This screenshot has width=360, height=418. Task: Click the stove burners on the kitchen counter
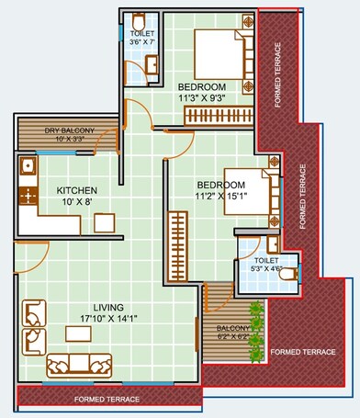[28, 196]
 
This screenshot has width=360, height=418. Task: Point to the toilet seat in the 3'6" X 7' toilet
[138, 22]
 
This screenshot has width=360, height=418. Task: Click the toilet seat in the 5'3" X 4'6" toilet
[288, 274]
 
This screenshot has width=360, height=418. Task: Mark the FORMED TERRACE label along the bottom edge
[107, 401]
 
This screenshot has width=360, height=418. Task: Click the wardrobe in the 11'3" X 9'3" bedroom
[218, 116]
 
